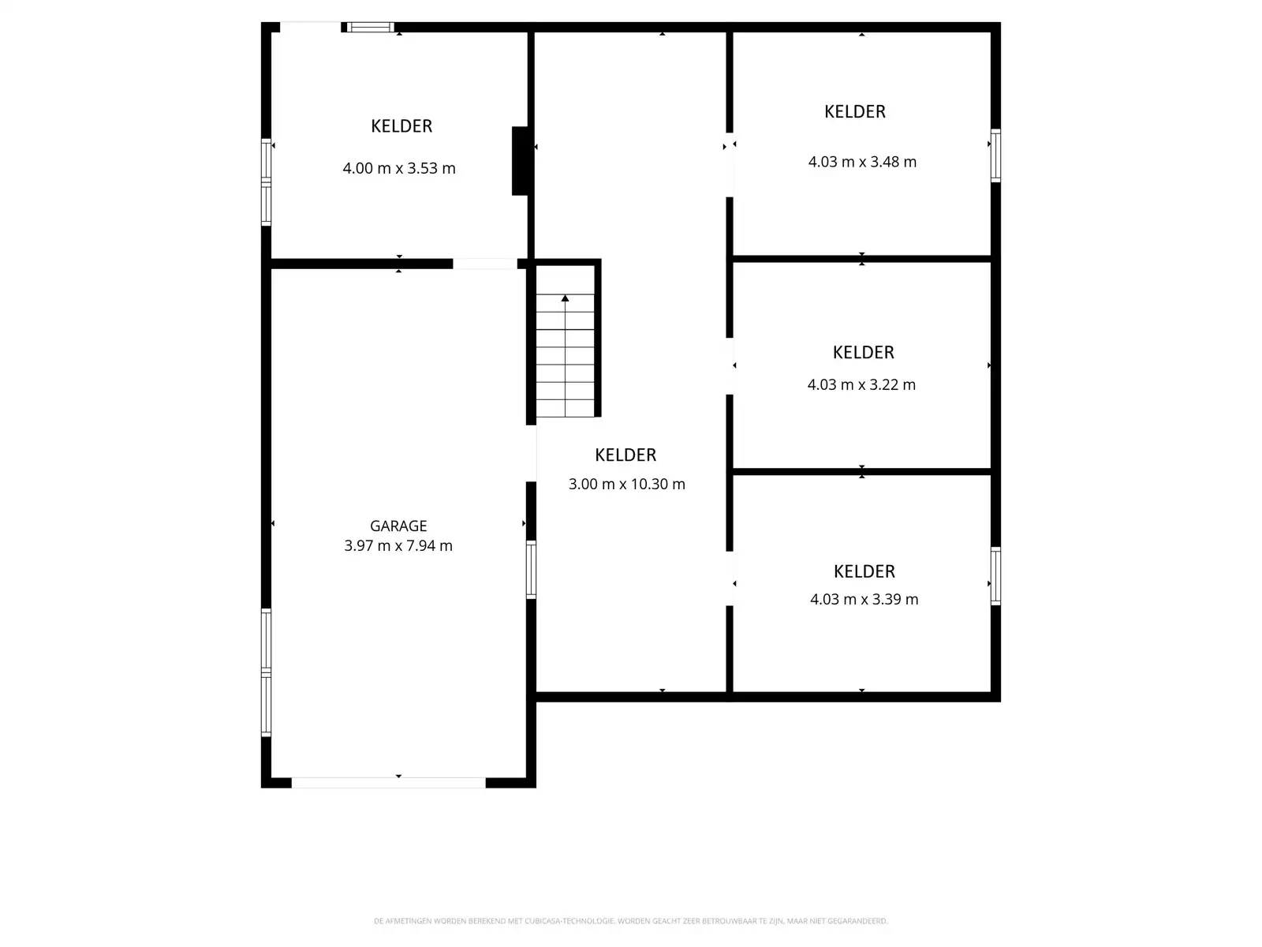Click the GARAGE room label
pyautogui.click(x=398, y=526)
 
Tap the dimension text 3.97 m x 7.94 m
pyautogui.click(x=398, y=545)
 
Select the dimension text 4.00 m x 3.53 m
pyautogui.click(x=399, y=168)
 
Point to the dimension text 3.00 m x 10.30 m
pyautogui.click(x=627, y=484)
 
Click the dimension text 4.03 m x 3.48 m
pyautogui.click(x=862, y=162)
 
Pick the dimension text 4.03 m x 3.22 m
pyautogui.click(x=861, y=384)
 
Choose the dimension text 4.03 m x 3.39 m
pyautogui.click(x=864, y=599)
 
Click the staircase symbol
pyautogui.click(x=565, y=355)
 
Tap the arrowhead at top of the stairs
pyautogui.click(x=565, y=298)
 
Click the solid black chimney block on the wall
pyautogui.click(x=520, y=160)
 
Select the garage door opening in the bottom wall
pyautogui.click(x=388, y=782)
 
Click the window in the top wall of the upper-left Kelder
pyautogui.click(x=371, y=28)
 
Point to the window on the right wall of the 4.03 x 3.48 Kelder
pyautogui.click(x=995, y=155)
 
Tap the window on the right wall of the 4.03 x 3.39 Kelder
pyautogui.click(x=995, y=576)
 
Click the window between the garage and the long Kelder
pyautogui.click(x=531, y=569)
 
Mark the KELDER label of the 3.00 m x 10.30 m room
pyautogui.click(x=625, y=455)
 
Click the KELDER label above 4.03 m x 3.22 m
pyautogui.click(x=863, y=352)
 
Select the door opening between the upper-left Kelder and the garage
pyautogui.click(x=484, y=264)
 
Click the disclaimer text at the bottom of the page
pyautogui.click(x=630, y=921)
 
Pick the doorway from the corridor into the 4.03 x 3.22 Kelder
pyautogui.click(x=730, y=365)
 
